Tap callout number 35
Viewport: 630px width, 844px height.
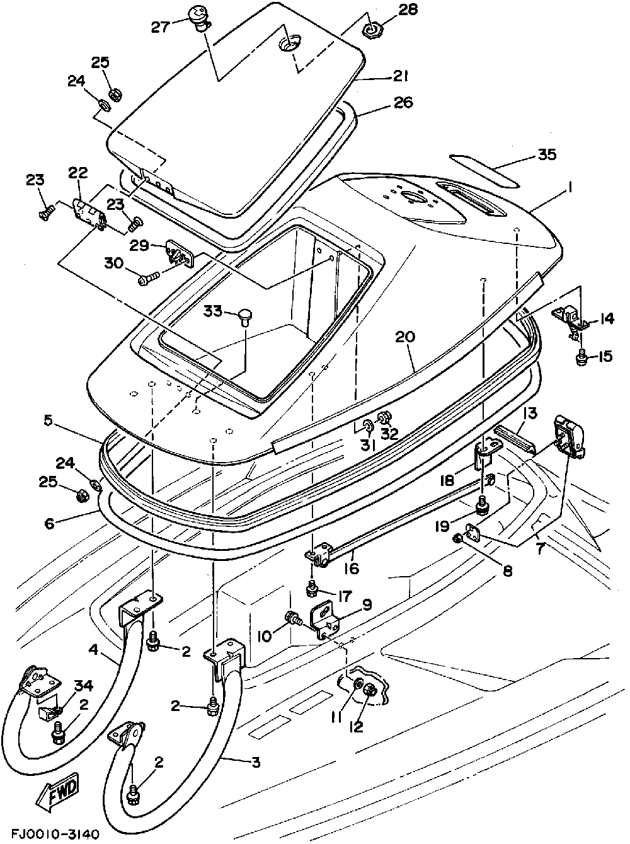[x=547, y=154]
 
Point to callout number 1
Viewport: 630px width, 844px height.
[x=570, y=188]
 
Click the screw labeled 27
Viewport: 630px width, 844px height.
[x=199, y=18]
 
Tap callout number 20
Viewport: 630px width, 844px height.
[x=405, y=338]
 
